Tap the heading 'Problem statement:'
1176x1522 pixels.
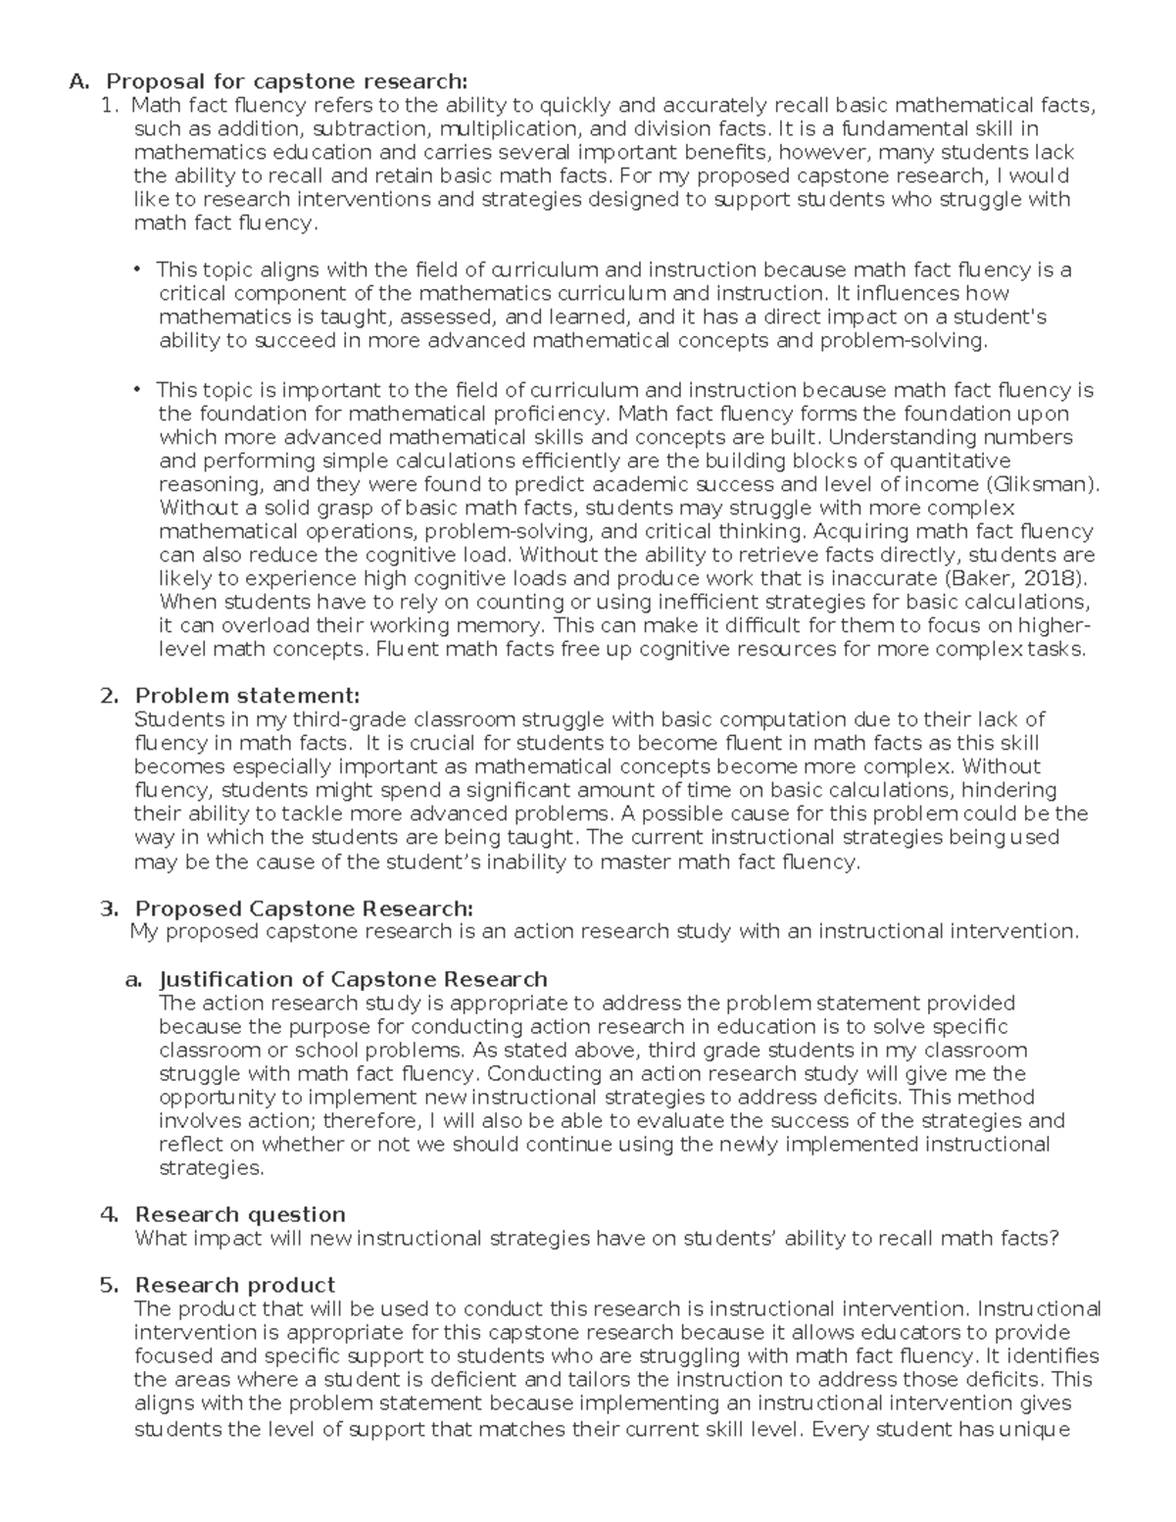pos(247,696)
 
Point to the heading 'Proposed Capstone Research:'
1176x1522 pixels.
pos(304,908)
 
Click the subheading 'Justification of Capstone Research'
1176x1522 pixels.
pos(353,979)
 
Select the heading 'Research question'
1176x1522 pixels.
pos(240,1214)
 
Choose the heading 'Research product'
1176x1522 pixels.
pos(235,1285)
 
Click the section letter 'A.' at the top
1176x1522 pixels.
pos(79,81)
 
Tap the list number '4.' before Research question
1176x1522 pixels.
pos(109,1214)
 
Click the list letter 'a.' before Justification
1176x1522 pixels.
pos(133,979)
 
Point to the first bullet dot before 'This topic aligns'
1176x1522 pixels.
pos(137,269)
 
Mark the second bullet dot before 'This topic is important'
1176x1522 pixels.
pos(137,389)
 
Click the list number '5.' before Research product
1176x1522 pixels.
pos(109,1285)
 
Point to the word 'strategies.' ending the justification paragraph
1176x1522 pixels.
pos(211,1167)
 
